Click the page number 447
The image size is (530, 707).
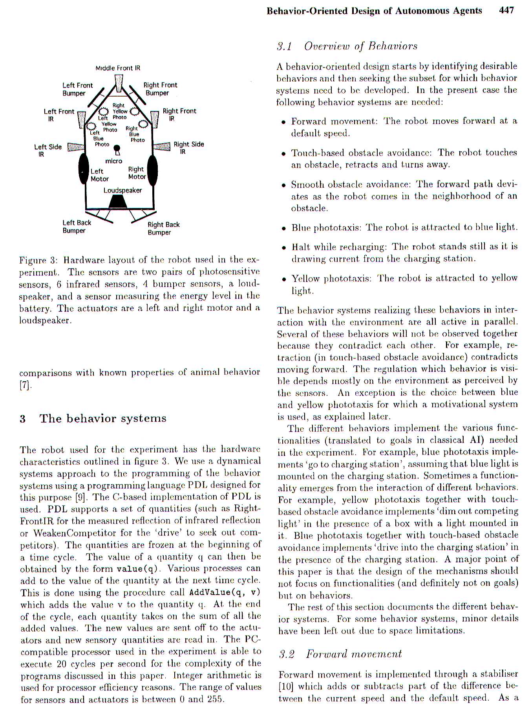tap(506, 11)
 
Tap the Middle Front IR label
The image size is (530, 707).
tap(118, 68)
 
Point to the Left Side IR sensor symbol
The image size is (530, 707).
tap(76, 147)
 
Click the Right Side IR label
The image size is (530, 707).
tap(188, 148)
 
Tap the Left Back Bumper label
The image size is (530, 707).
tap(77, 227)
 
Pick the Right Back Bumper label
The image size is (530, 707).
tap(163, 228)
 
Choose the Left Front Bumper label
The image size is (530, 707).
tap(77, 89)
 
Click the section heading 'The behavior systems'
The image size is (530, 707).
tap(103, 419)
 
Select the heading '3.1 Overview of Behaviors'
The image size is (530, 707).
tap(347, 46)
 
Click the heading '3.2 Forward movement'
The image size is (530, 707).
tap(340, 654)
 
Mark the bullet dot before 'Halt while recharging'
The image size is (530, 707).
tap(283, 248)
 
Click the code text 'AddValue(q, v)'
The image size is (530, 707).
tap(225, 592)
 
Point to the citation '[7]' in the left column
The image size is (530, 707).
tap(24, 385)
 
